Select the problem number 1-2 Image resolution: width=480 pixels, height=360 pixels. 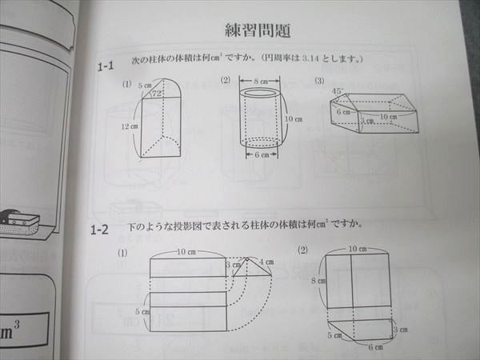pos(99,231)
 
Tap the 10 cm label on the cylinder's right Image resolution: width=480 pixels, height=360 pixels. pos(294,120)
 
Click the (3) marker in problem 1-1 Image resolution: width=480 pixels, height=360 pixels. pos(319,81)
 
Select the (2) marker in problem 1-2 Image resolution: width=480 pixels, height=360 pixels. pos(302,250)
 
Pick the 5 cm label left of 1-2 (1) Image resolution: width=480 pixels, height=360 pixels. pos(140,311)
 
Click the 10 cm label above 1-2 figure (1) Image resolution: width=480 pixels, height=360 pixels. pos(186,251)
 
